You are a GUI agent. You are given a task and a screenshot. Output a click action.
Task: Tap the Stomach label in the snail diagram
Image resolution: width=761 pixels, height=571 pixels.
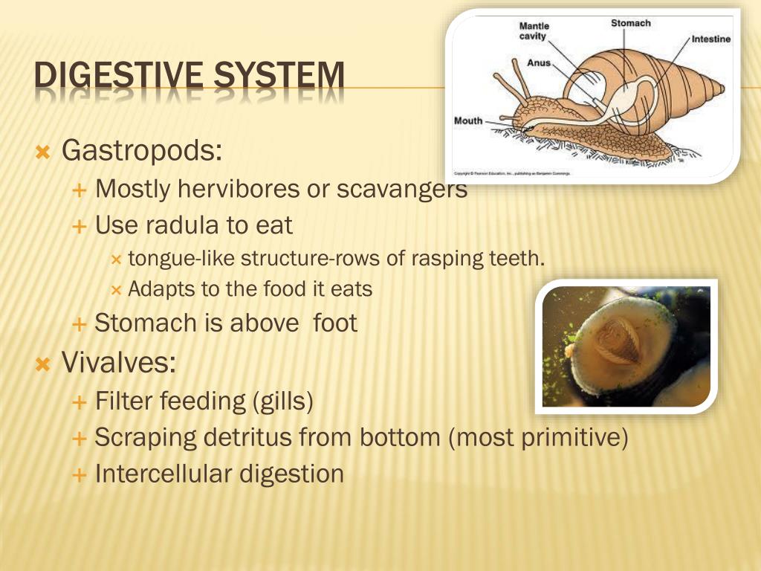pyautogui.click(x=630, y=23)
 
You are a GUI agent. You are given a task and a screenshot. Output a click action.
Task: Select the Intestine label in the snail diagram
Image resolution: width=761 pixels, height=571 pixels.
pyautogui.click(x=711, y=39)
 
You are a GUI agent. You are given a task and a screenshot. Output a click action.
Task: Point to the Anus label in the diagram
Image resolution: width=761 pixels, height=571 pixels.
pyautogui.click(x=539, y=63)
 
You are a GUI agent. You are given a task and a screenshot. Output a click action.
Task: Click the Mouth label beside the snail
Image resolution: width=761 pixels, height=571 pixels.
pyautogui.click(x=468, y=120)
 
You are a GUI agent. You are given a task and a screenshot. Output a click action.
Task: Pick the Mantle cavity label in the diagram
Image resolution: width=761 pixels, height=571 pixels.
pyautogui.click(x=534, y=31)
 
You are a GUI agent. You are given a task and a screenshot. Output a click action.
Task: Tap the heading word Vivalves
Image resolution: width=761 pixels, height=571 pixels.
pyautogui.click(x=119, y=364)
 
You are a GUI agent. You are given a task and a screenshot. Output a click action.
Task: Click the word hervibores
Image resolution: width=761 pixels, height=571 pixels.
pyautogui.click(x=238, y=190)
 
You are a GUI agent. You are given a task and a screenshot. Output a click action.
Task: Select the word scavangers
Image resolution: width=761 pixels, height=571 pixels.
pyautogui.click(x=402, y=190)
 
